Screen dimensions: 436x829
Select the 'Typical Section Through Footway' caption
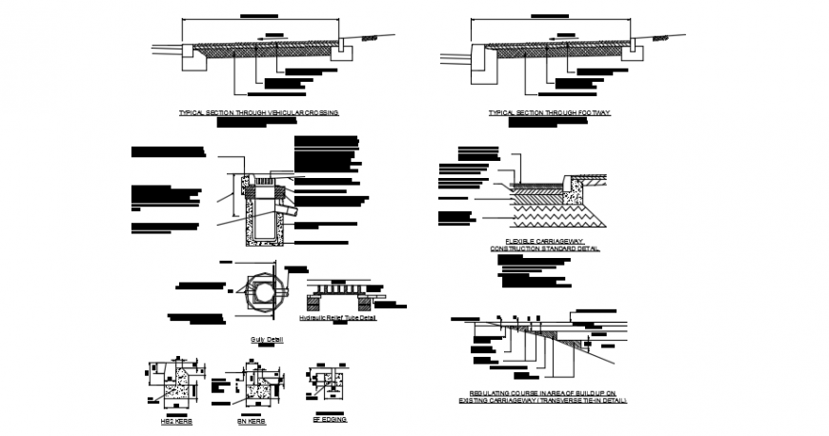[x=549, y=112]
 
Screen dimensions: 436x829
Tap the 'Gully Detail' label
[x=259, y=338]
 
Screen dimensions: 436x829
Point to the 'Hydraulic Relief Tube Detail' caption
[x=338, y=318]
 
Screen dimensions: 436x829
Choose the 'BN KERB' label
[x=252, y=420]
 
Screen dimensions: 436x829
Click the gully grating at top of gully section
[x=273, y=178]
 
